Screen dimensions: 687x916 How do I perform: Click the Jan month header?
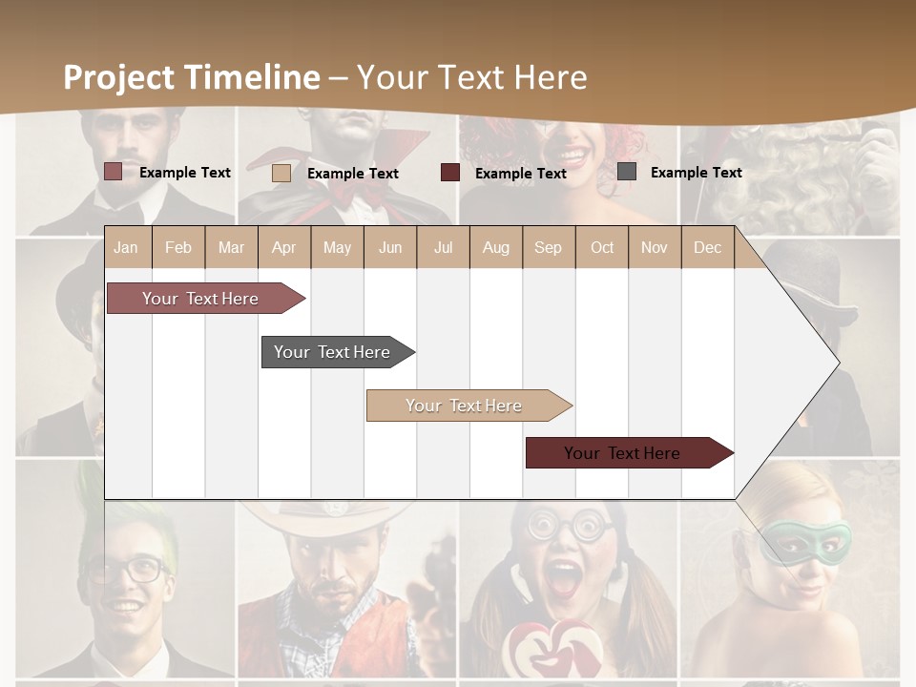tap(127, 247)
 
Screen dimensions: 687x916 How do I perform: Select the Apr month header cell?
tap(284, 247)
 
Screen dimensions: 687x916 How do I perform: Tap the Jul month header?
tap(443, 247)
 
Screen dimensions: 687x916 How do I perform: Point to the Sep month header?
tap(549, 247)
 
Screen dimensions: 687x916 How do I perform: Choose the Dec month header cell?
tap(708, 247)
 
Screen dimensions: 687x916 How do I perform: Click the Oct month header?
tap(602, 247)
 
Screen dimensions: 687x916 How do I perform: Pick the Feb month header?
tap(178, 247)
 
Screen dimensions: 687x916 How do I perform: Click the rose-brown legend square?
tap(114, 172)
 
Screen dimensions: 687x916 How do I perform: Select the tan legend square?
tap(281, 173)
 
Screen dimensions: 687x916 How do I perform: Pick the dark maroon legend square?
tap(450, 173)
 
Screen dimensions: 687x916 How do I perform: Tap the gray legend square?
tap(627, 172)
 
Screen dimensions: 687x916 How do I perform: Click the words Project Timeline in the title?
tap(192, 76)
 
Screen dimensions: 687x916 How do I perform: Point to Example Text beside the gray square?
tap(696, 173)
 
